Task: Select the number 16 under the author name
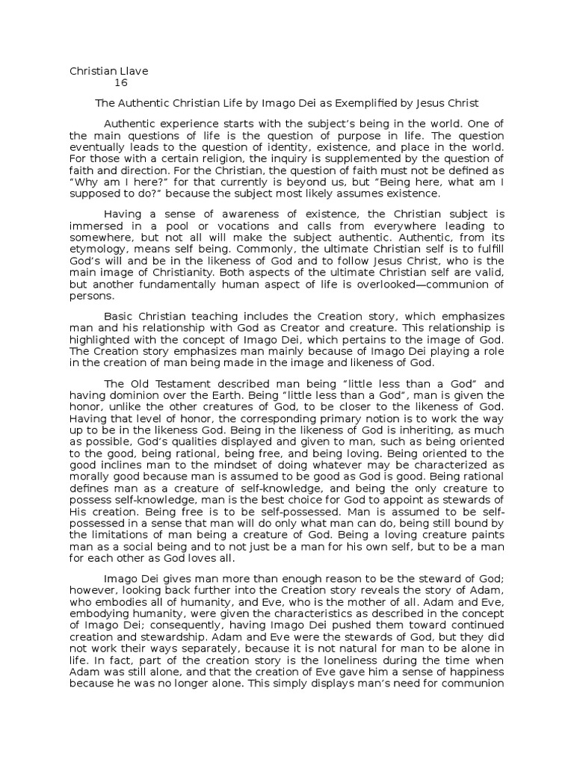[x=121, y=83]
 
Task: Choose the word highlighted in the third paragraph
[x=101, y=339]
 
